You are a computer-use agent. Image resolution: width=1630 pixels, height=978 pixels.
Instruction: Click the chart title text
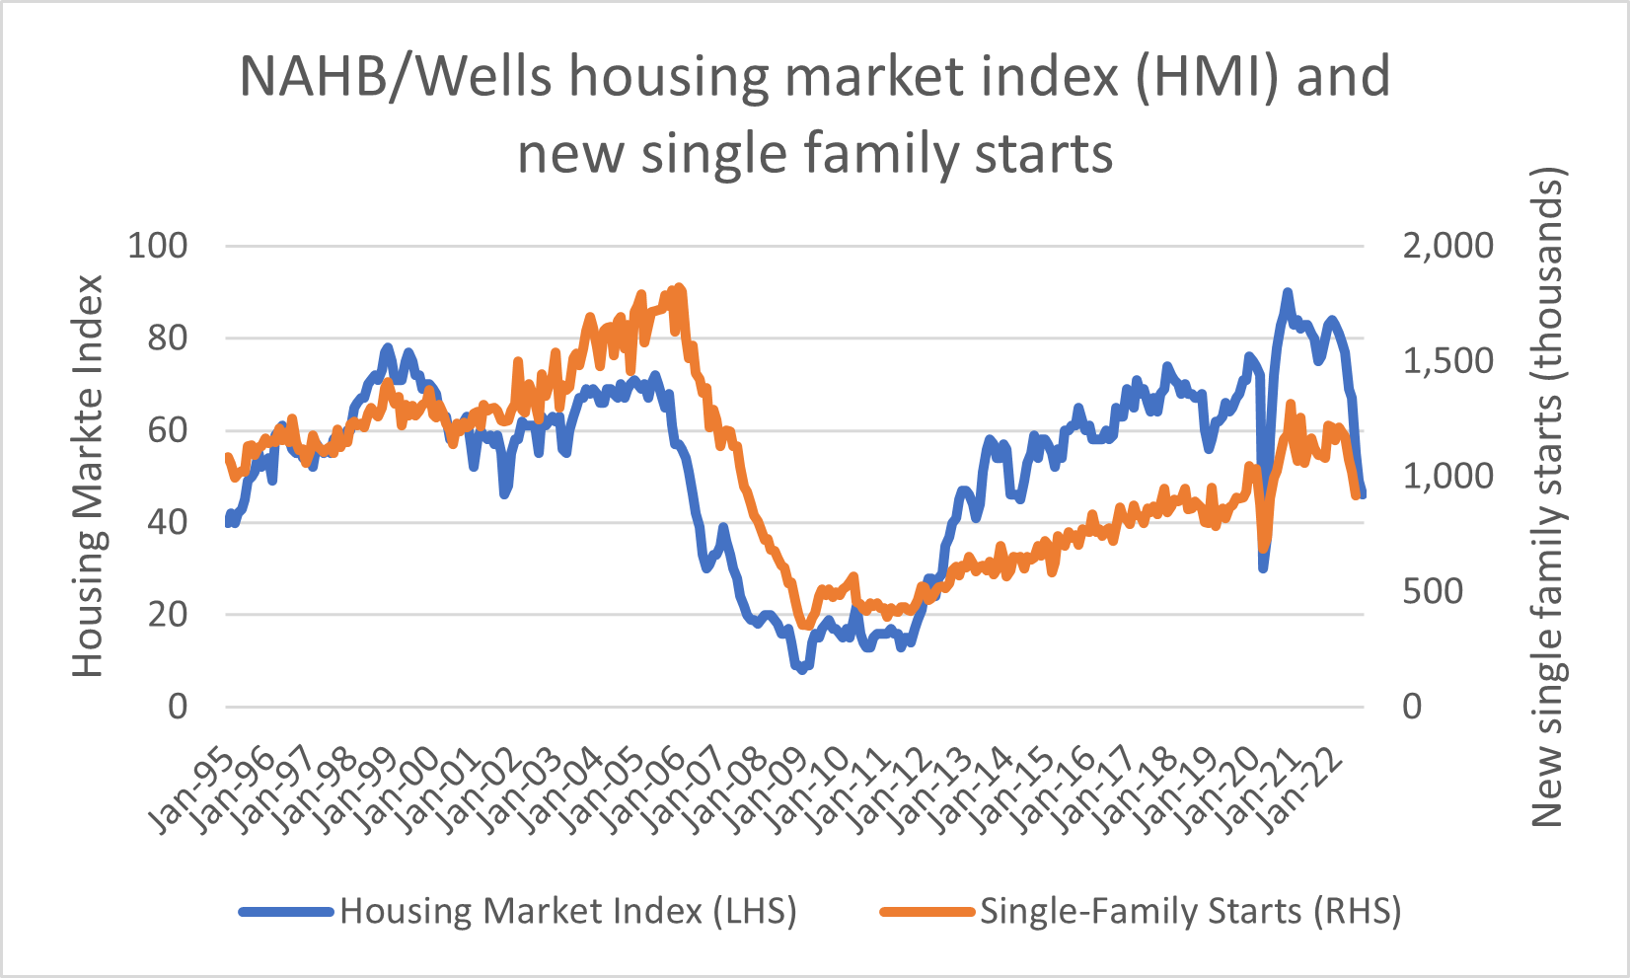coord(815,114)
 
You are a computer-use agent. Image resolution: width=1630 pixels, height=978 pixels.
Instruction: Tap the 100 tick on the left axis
coord(158,246)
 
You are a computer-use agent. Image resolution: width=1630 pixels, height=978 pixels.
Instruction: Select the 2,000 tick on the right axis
coord(1447,246)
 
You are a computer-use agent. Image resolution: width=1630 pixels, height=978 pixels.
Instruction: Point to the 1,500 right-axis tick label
coord(1447,361)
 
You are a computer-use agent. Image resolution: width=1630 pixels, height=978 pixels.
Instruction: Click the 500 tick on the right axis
coord(1432,591)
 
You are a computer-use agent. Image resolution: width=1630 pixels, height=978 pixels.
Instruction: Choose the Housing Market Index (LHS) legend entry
coord(567,910)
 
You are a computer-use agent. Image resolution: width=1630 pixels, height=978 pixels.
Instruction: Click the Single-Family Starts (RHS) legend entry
coord(1189,910)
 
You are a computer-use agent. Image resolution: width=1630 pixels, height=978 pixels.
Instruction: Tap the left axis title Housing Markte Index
coord(89,476)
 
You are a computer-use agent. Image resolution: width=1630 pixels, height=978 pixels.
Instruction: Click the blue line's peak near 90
coord(1287,293)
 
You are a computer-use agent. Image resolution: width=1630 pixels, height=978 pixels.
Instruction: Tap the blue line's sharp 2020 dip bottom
coord(1263,567)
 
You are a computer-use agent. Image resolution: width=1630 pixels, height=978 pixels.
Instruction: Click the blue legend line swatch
coord(286,911)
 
